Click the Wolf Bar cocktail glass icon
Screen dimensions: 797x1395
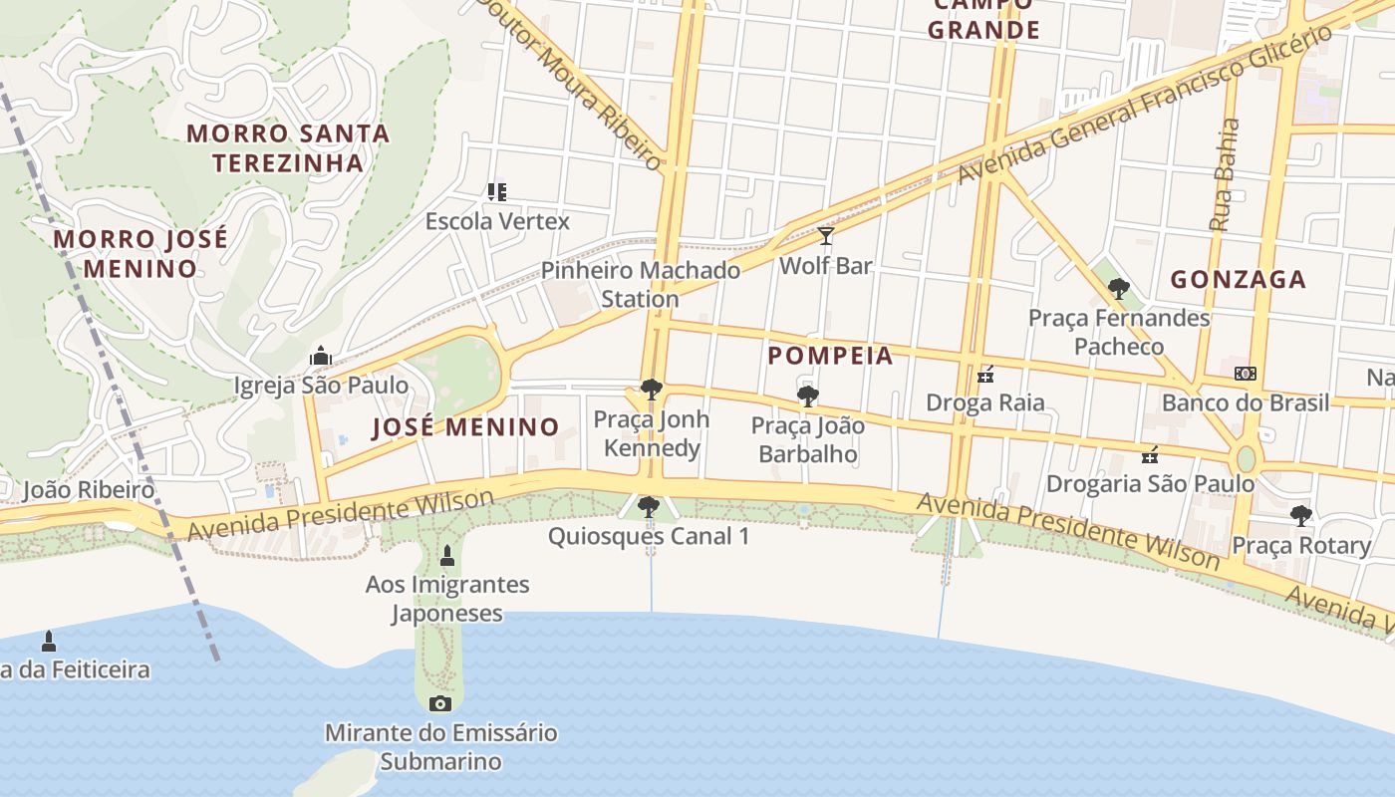(x=825, y=236)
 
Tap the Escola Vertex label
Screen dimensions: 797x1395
(x=497, y=221)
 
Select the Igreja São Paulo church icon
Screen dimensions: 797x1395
(x=320, y=356)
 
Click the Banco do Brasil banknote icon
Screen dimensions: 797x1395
(x=1245, y=374)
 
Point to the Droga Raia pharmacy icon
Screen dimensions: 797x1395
(x=985, y=375)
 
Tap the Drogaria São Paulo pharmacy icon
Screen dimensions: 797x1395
(x=1150, y=455)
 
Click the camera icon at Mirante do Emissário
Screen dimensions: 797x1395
(x=439, y=704)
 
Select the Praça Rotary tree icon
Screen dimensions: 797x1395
(x=1300, y=516)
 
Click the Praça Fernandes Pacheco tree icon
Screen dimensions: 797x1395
(x=1118, y=289)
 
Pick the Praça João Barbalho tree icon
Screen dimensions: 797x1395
(x=807, y=397)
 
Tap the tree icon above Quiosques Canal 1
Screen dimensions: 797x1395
(x=649, y=507)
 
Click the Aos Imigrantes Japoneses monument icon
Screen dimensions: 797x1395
(x=446, y=555)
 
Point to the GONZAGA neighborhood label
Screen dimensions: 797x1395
(x=1238, y=279)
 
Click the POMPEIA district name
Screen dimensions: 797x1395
(x=830, y=356)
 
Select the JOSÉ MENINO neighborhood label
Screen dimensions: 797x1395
(x=465, y=427)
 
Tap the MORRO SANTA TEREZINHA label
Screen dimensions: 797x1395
(x=288, y=147)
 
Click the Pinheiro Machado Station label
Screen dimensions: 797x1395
(x=640, y=284)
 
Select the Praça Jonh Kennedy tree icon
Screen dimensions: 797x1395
(x=652, y=390)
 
